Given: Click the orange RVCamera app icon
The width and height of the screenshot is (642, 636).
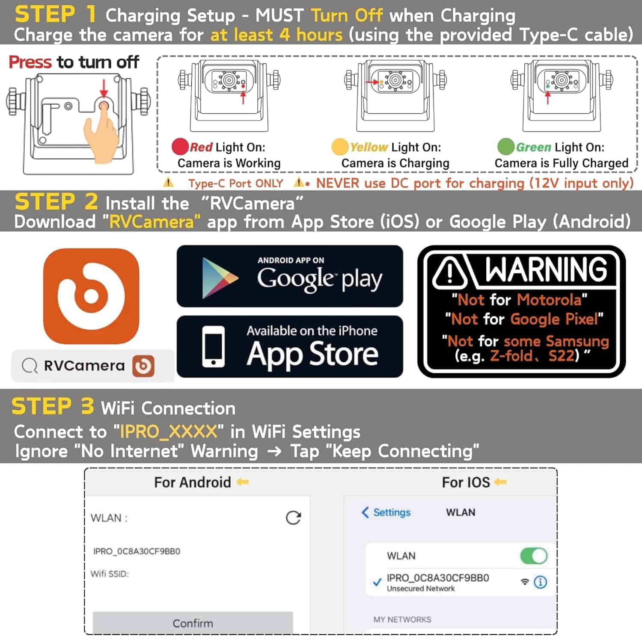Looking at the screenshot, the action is pos(91,296).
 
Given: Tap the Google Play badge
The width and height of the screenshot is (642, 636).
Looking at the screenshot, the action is pos(290,276).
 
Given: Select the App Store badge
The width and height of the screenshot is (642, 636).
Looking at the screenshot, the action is pos(290,346).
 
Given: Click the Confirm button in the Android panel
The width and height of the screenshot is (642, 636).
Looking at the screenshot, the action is pos(193,623).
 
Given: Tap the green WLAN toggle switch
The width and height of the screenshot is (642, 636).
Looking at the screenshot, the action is pos(534,556).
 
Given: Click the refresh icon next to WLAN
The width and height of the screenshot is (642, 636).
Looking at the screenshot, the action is pos(293,518).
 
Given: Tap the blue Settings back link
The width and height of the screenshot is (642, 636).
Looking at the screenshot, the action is pos(386,512).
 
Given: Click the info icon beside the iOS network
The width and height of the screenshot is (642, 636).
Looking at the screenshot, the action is pos(541,582).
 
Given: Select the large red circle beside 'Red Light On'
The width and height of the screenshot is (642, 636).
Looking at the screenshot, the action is pos(180,147).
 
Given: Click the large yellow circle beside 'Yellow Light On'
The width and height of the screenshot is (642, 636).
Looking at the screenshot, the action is pos(340,147).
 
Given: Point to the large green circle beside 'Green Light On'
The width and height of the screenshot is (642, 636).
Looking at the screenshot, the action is pos(505,147).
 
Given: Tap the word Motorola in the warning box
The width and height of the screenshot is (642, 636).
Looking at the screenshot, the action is pos(549,300).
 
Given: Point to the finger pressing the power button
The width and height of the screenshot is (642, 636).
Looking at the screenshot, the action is pos(101,133).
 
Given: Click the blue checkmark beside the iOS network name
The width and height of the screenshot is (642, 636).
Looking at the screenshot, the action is pos(377,582).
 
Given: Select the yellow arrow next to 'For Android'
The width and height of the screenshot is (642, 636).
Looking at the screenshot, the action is pos(243,482).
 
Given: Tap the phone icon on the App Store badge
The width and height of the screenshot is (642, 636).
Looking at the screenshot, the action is pos(213,347).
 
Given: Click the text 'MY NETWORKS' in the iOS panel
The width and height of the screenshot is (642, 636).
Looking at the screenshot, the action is pos(402,619).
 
